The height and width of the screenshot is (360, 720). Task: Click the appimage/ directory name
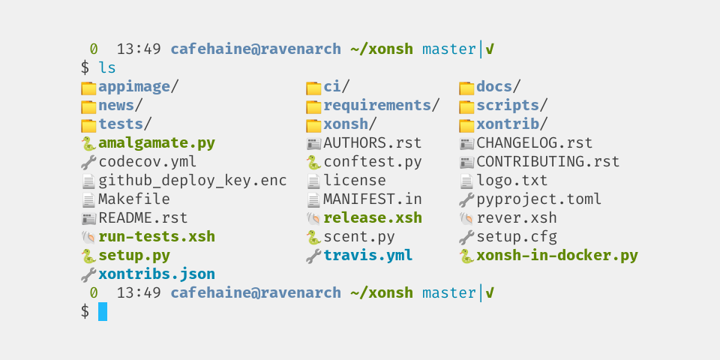(134, 87)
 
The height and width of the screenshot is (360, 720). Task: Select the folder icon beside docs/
(466, 87)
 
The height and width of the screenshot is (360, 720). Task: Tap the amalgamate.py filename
(157, 143)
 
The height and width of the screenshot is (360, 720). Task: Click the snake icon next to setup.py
(88, 256)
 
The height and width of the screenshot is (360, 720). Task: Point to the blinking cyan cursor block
(103, 312)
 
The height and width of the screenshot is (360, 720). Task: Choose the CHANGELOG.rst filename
(534, 143)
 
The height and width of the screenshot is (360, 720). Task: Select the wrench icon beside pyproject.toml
(466, 199)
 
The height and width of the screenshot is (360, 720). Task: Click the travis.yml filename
(367, 256)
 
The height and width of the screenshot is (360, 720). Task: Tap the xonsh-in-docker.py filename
(556, 256)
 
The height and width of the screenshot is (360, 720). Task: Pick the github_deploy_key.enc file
(192, 181)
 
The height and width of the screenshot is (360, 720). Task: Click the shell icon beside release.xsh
(313, 218)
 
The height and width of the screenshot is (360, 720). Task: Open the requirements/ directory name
(377, 106)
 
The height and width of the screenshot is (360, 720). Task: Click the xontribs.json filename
(157, 274)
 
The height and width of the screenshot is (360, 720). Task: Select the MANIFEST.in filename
(372, 199)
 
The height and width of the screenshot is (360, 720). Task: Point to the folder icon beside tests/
(88, 124)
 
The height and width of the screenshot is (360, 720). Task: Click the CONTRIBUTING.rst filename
(547, 162)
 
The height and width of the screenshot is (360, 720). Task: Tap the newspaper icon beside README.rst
(88, 218)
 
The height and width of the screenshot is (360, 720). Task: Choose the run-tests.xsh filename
(157, 237)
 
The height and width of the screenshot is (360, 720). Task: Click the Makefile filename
(134, 199)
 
